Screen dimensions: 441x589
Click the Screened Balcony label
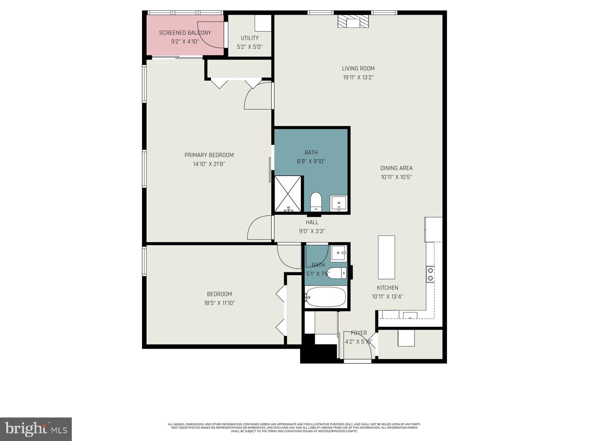pos(185,33)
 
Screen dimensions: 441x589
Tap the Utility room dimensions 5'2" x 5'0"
pos(250,47)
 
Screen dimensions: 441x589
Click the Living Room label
pos(358,68)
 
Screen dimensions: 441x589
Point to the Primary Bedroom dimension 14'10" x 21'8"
pos(209,164)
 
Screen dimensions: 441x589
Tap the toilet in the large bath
pos(316,202)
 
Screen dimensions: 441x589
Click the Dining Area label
pos(396,168)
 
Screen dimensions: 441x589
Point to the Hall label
pos(312,222)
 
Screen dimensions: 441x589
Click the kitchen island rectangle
pos(386,258)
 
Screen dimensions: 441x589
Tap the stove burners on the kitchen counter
pos(430,275)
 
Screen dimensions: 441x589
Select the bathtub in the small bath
pos(325,297)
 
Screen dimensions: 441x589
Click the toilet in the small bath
pos(336,273)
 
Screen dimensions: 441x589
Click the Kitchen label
pos(387,288)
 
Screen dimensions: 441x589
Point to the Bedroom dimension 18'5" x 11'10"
pos(219,303)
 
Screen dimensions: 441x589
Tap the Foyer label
pos(359,333)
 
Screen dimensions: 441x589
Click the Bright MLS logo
pos(36,428)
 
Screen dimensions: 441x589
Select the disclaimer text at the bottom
pos(294,427)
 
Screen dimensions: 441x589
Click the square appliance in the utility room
pos(263,24)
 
